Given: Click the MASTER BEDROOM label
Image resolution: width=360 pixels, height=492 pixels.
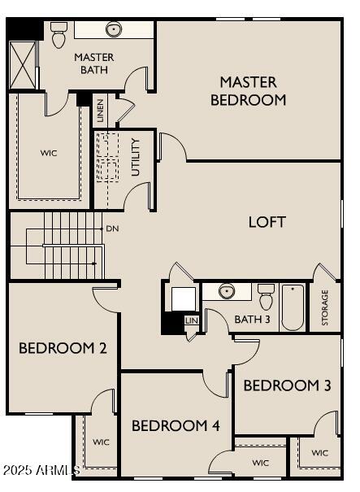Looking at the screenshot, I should coord(248,91).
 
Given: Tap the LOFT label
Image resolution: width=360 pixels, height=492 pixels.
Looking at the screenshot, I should coord(267,221).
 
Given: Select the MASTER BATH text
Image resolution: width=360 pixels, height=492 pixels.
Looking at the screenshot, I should coord(93,63).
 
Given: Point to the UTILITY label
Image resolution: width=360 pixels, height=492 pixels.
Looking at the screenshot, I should coord(136,158).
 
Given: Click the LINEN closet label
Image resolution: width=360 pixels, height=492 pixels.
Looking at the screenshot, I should coord(100,110).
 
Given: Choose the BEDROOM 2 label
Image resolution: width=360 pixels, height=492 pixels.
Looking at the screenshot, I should coord(63,348).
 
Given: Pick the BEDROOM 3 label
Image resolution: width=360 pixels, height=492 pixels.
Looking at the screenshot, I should coord(287,385).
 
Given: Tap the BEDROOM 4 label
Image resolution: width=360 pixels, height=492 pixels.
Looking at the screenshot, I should coord(176,425).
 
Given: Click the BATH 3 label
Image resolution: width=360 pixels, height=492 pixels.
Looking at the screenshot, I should coord(252,319).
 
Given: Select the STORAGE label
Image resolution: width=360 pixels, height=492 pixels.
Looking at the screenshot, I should coord(325,308).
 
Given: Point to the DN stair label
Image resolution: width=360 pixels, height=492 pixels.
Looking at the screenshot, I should coord(112,229).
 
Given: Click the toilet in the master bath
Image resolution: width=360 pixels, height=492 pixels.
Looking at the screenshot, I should coord(59,33).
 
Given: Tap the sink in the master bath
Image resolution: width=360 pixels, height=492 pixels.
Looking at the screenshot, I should coord(114,30).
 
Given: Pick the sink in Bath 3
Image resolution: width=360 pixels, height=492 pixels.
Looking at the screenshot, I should coord(227,291).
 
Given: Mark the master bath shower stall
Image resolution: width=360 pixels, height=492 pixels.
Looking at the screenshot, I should coord(24,63).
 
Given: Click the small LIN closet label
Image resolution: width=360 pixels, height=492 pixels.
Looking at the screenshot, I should coord(192,320).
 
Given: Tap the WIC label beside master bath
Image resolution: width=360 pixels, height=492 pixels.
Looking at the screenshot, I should coord(49,152).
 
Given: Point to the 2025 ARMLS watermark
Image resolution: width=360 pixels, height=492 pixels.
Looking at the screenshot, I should coord(41,470).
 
